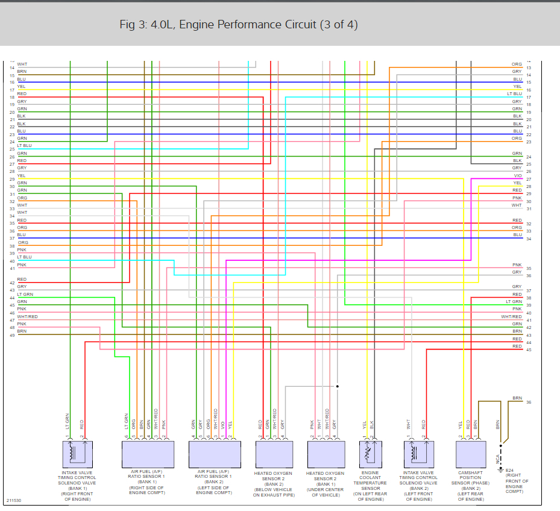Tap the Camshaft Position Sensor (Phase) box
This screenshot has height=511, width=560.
click(x=470, y=454)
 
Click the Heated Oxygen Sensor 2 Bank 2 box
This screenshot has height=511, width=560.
click(x=274, y=454)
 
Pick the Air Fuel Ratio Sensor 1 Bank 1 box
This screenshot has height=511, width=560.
click(x=148, y=454)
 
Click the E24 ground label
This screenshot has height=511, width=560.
click(x=509, y=470)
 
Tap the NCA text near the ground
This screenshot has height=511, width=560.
click(x=498, y=459)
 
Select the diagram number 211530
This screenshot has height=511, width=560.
click(x=13, y=500)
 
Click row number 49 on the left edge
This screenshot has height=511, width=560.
click(x=12, y=335)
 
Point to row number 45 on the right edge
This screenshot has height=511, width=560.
click(x=529, y=350)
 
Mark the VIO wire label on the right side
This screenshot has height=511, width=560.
click(x=517, y=175)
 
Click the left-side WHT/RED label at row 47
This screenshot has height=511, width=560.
click(x=27, y=316)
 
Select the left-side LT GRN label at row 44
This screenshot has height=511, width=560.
click(x=25, y=294)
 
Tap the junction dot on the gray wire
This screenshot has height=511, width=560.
click(x=338, y=386)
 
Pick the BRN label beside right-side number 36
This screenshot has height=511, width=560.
click(x=517, y=398)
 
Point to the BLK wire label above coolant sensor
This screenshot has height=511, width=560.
click(x=373, y=424)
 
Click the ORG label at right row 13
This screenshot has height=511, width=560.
click(x=517, y=64)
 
